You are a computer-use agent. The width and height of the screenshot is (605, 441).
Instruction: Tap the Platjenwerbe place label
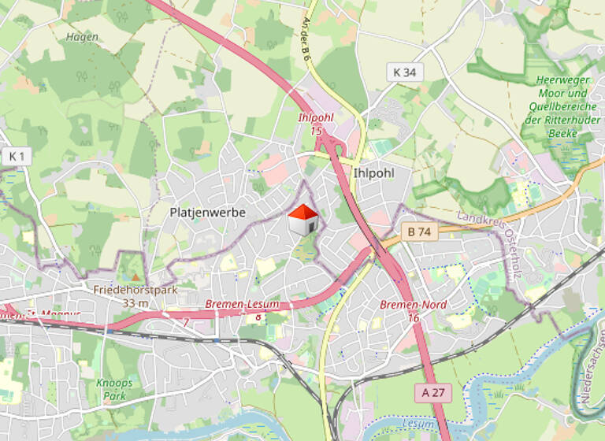pos(208,213)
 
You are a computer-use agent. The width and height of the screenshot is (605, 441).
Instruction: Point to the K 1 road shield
pos(16,157)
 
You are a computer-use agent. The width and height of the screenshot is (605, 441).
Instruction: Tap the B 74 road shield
pos(418,232)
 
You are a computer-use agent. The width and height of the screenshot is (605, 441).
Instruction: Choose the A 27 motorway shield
pos(433,392)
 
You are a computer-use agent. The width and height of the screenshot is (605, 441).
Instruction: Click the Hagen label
pos(83,37)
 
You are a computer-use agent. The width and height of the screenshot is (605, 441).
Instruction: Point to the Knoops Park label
pos(115,389)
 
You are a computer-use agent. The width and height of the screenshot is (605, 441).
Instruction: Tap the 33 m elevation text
pos(135,303)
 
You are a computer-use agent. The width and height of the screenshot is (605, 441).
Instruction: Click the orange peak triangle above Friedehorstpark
pos(135,277)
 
